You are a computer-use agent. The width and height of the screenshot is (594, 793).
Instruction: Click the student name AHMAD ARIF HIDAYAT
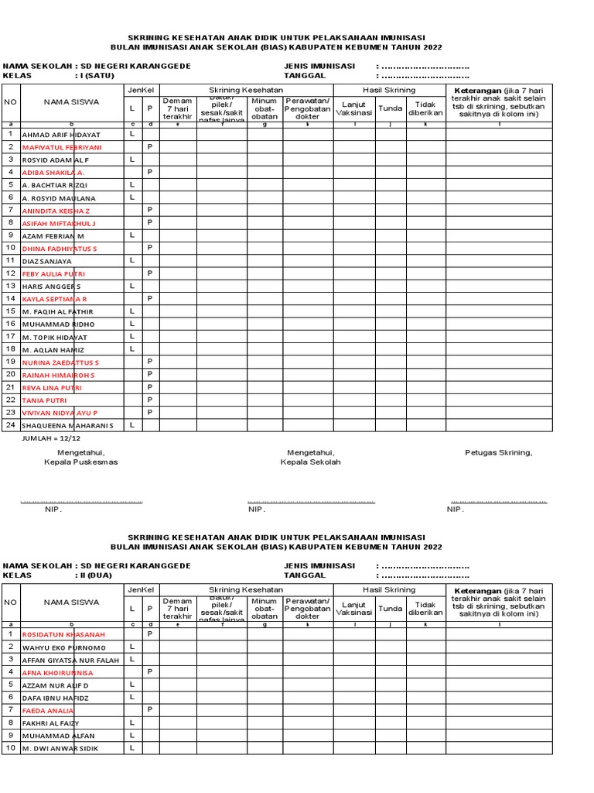click(61, 135)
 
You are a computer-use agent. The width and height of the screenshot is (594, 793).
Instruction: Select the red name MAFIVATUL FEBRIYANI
click(62, 147)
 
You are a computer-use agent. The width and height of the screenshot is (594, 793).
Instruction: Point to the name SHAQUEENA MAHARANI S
click(67, 425)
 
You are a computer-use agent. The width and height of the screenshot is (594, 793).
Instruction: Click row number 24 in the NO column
click(10, 424)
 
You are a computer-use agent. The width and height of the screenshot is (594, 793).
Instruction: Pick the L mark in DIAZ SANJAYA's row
click(132, 261)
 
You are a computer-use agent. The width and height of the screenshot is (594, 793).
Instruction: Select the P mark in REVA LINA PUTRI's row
click(150, 387)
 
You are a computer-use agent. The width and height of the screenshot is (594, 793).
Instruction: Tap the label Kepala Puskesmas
click(81, 462)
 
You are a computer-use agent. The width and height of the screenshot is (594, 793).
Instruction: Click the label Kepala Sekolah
click(310, 462)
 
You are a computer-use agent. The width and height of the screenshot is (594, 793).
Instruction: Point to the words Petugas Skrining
click(498, 452)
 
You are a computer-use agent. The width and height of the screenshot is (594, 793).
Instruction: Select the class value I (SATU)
click(94, 76)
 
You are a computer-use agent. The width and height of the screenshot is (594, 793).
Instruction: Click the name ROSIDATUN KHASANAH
click(63, 634)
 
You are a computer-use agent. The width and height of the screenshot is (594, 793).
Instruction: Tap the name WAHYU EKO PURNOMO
click(63, 647)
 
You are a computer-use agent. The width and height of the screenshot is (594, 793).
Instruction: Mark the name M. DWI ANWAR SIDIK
click(60, 749)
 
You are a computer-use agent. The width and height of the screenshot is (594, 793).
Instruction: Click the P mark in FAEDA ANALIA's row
click(150, 709)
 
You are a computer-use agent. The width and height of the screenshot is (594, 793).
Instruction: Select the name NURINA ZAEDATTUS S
click(60, 362)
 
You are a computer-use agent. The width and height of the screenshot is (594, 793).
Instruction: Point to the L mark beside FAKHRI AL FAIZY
click(132, 722)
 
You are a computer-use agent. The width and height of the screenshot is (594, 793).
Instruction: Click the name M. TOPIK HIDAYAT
click(55, 338)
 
